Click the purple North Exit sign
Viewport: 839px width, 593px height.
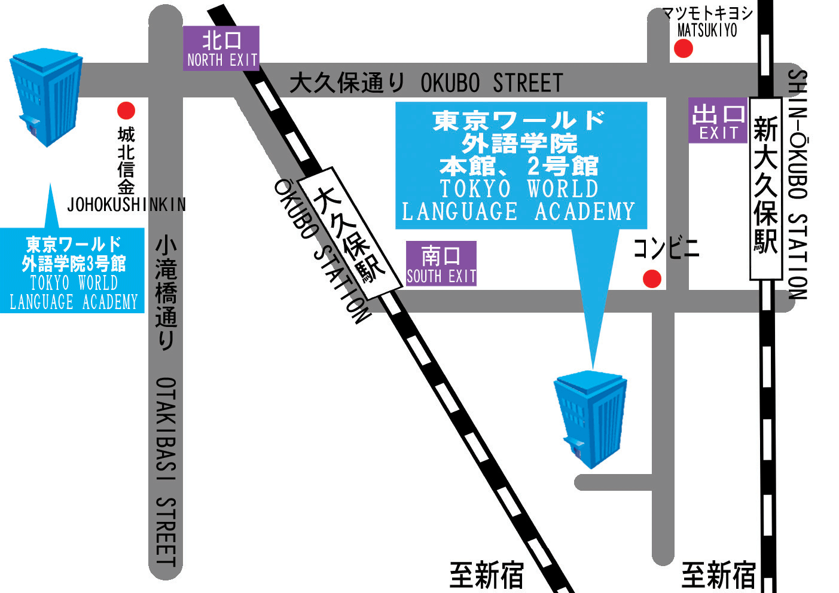click(221, 48)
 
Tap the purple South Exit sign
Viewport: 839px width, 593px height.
click(441, 264)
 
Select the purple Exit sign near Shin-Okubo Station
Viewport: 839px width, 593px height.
click(718, 121)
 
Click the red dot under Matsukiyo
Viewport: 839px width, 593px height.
click(684, 48)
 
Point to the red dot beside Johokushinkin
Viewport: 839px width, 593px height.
click(126, 110)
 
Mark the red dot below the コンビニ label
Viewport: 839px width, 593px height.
click(652, 278)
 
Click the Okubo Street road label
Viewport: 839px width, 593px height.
click(426, 83)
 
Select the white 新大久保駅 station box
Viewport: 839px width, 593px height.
click(766, 188)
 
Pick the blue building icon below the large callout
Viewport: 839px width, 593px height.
click(591, 418)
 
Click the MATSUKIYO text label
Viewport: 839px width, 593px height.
click(707, 30)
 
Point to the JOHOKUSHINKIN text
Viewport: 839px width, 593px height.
click(126, 204)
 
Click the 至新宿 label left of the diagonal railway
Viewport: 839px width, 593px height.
click(486, 575)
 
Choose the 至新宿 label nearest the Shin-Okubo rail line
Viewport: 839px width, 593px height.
click(718, 575)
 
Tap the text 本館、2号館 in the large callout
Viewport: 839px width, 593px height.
click(518, 166)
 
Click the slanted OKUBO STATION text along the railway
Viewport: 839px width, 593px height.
click(322, 252)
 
